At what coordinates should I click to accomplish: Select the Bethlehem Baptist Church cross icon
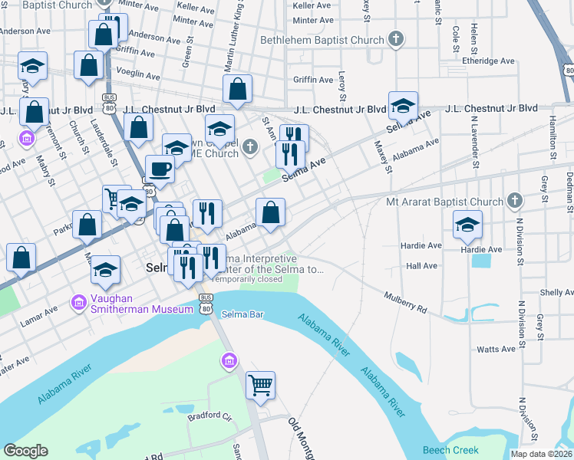(396, 40)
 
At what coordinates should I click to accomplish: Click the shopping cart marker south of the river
(261, 386)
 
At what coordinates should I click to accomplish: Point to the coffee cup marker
(160, 169)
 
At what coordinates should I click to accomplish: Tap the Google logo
(25, 451)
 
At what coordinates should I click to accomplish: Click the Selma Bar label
(241, 314)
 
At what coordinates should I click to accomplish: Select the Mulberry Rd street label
(405, 303)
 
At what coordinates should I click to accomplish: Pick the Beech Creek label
(450, 450)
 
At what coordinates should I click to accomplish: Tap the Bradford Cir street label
(209, 416)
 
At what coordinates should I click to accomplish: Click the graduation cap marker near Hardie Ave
(467, 224)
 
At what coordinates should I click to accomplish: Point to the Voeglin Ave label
(143, 75)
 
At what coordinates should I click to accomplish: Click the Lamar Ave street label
(39, 315)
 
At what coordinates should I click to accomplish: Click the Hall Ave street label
(421, 265)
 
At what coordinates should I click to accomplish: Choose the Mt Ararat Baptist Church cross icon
(514, 202)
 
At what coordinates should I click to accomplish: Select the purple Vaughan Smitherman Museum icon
(78, 303)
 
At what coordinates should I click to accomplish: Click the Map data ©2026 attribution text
(542, 454)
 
